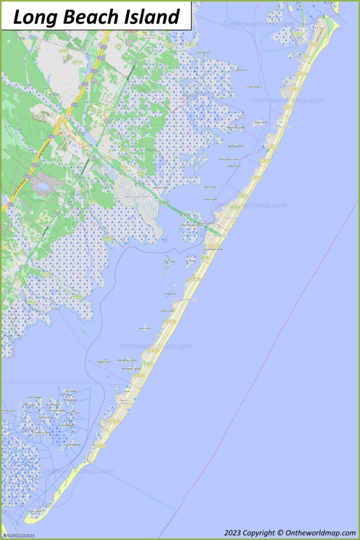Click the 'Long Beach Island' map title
[96, 17]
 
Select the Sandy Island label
[260, 122]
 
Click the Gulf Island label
[241, 70]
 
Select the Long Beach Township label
[184, 299]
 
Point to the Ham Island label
[145, 328]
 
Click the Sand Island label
[170, 293]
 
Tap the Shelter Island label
[104, 362]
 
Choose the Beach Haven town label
[124, 402]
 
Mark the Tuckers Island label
[35, 511]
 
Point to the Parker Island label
[9, 411]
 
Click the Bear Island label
[210, 187]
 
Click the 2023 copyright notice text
[289, 533]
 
